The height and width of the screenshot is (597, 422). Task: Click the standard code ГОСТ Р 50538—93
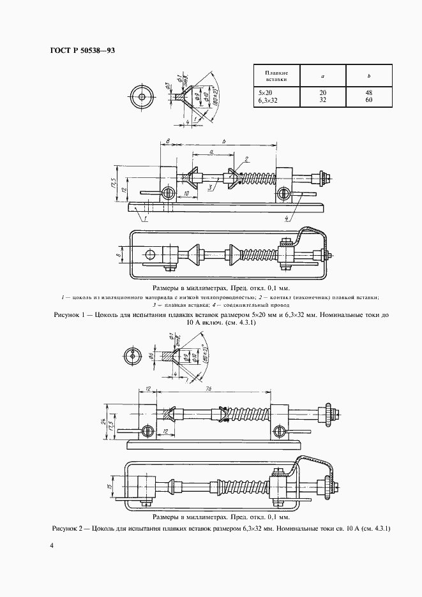81,50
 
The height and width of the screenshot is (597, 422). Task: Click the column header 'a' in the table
323,77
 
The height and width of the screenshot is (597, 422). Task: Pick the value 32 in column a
323,100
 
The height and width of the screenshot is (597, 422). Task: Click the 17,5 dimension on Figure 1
114,185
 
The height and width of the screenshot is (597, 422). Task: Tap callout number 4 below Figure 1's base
286,219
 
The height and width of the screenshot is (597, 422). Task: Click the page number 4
52,547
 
